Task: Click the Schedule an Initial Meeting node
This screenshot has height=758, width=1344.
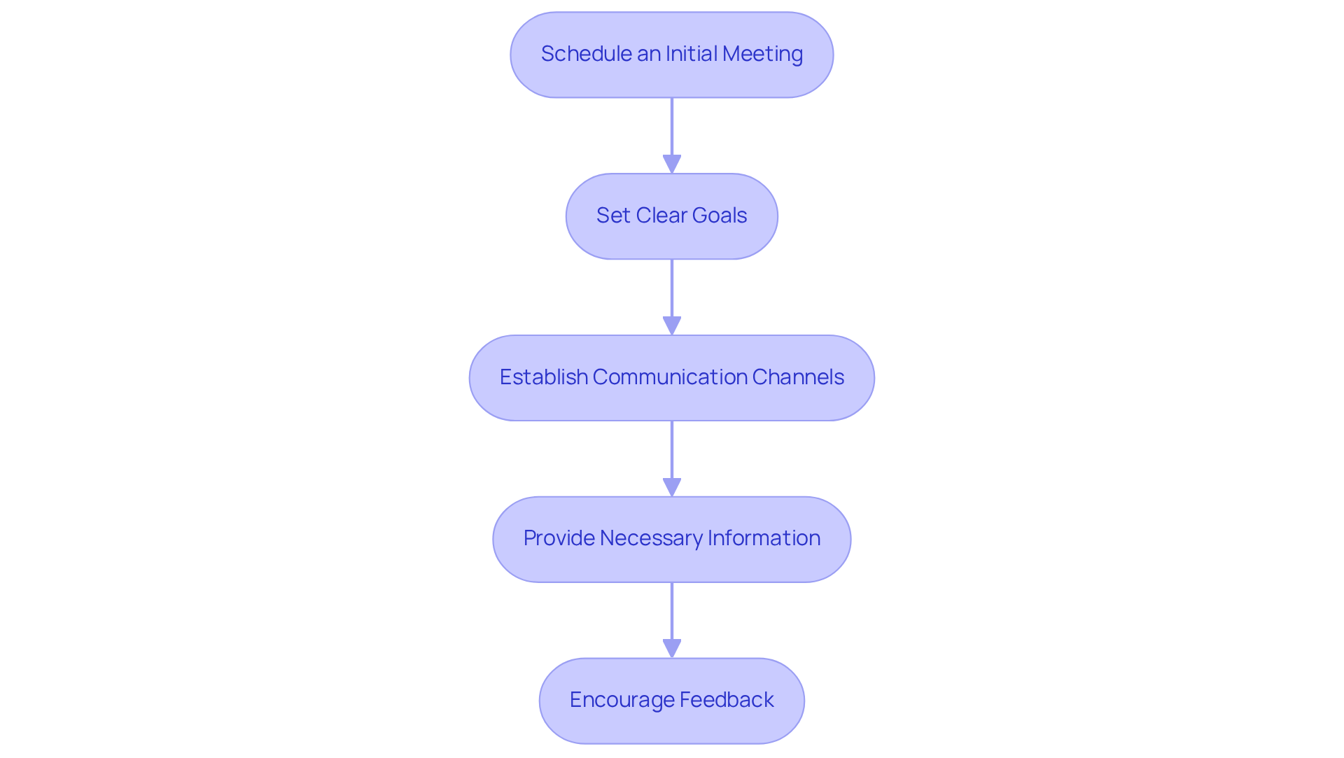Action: [671, 55]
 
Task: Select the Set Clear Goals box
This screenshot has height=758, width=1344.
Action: [671, 216]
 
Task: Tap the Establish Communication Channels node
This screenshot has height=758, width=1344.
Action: [671, 378]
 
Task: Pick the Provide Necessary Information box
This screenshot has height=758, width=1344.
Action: [671, 539]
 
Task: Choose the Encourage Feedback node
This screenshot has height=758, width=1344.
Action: [671, 701]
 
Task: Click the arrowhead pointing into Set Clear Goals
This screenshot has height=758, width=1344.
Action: [672, 164]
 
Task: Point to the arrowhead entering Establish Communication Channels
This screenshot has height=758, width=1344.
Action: [672, 325]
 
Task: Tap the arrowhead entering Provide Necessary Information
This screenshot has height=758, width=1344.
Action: [672, 487]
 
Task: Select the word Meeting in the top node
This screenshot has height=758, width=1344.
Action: [762, 54]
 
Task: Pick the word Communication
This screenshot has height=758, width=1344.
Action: [670, 377]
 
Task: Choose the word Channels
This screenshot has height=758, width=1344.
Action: [798, 377]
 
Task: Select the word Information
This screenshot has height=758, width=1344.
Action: [764, 538]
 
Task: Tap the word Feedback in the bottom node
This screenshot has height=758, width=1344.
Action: [727, 700]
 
